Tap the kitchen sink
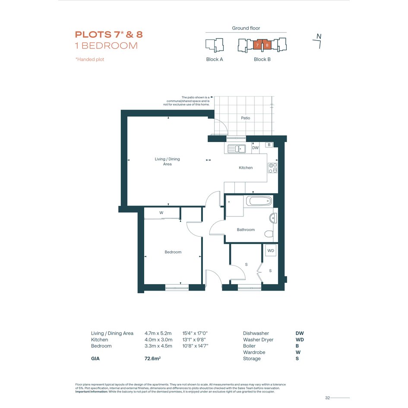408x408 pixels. pos(237,149)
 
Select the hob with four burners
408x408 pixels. pos(273,168)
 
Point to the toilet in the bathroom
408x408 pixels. pos(269,234)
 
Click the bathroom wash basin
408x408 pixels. pos(273,218)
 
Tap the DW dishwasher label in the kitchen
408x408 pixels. pos(255,148)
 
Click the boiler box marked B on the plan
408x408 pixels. pos(269,145)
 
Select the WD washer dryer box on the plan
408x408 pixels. pos(271,250)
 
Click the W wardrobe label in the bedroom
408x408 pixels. pos(161,212)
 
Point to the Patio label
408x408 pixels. pos(245,118)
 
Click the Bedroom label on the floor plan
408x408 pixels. pos(173,252)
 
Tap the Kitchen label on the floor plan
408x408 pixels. pos(246,168)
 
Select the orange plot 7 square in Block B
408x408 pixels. pos(258,45)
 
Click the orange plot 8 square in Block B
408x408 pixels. pos(267,45)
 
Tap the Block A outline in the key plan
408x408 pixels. pos(215,45)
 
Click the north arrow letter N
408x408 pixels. pos(319,36)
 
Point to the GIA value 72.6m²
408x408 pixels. pos(152,358)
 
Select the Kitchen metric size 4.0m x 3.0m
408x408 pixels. pos(158,339)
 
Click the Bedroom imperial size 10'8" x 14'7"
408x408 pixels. pos(195,346)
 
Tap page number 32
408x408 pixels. pos(327,398)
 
